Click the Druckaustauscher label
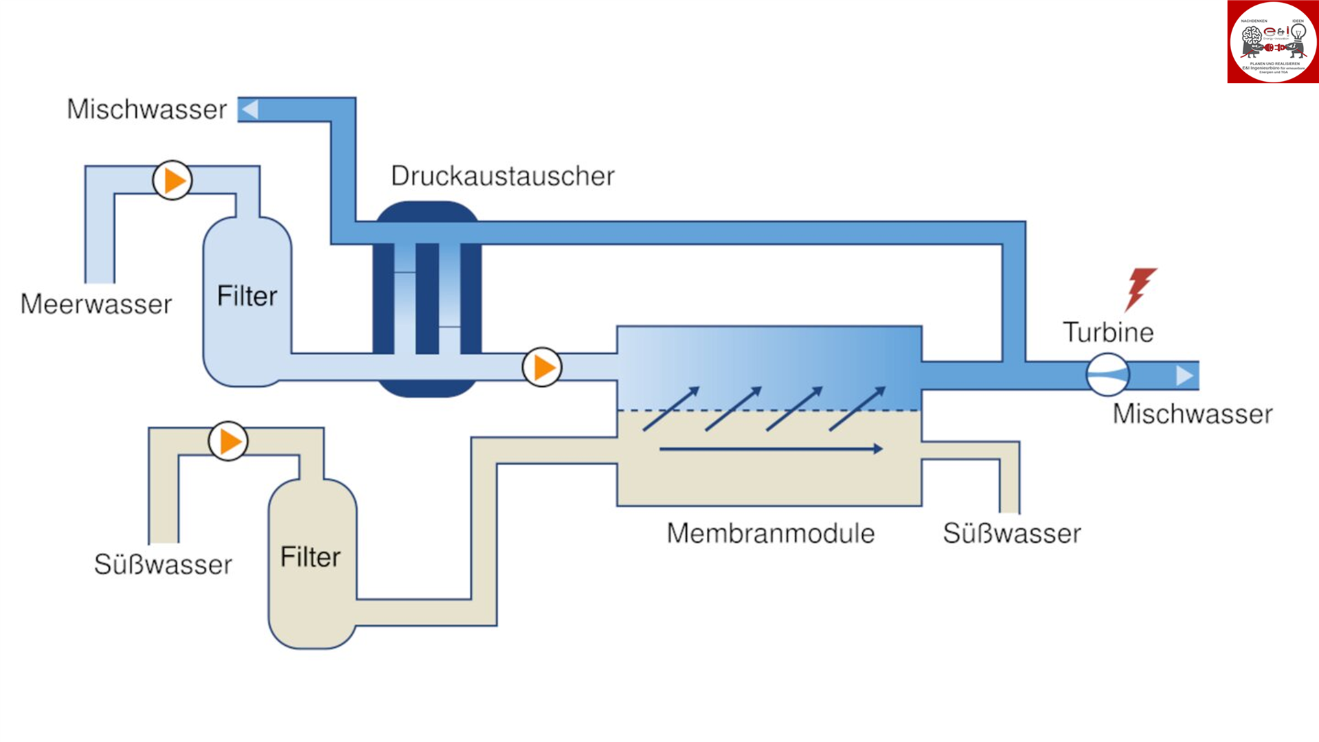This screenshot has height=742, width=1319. click(x=502, y=176)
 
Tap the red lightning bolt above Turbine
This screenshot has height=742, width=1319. click(x=1140, y=288)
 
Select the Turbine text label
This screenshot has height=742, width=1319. click(x=1108, y=333)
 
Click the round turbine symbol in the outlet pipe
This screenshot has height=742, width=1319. click(x=1107, y=374)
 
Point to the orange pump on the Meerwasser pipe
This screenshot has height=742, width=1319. click(x=172, y=181)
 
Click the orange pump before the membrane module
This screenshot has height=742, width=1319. click(x=542, y=368)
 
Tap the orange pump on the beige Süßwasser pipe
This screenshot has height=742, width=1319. click(x=228, y=441)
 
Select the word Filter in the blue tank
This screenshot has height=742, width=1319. click(x=247, y=296)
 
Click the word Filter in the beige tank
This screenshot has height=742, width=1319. click(x=311, y=557)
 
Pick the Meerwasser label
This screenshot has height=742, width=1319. click(x=96, y=304)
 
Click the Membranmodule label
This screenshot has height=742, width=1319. click(x=770, y=534)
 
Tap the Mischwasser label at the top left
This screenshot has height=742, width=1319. click(x=146, y=109)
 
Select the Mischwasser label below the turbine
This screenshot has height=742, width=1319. click(x=1193, y=414)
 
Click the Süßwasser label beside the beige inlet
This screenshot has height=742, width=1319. click(x=163, y=565)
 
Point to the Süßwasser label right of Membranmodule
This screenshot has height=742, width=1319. click(x=1012, y=534)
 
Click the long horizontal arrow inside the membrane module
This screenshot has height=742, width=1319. click(x=770, y=449)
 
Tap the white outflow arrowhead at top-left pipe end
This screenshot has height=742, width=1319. click(x=250, y=109)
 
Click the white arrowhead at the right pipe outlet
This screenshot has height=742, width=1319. click(x=1184, y=375)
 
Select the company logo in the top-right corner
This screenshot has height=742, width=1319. click(x=1272, y=42)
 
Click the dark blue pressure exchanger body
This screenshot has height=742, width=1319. click(x=427, y=300)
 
